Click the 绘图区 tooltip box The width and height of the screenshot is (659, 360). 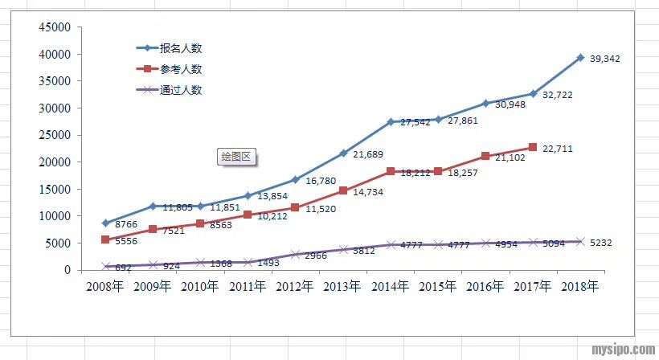(x=236, y=157)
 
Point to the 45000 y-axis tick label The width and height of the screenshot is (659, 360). (x=55, y=27)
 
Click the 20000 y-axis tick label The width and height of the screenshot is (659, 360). (x=55, y=162)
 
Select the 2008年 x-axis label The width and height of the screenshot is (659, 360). (x=105, y=286)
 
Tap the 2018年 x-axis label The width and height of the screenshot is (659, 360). (x=580, y=286)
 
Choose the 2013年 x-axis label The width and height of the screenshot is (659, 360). (x=343, y=286)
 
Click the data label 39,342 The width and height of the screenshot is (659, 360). (x=604, y=59)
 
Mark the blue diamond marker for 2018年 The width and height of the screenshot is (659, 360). (x=580, y=58)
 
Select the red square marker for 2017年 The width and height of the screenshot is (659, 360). (x=533, y=147)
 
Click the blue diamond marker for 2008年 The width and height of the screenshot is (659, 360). (x=105, y=223)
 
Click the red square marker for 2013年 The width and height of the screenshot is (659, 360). (x=343, y=190)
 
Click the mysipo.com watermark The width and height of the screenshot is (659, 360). (x=623, y=350)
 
